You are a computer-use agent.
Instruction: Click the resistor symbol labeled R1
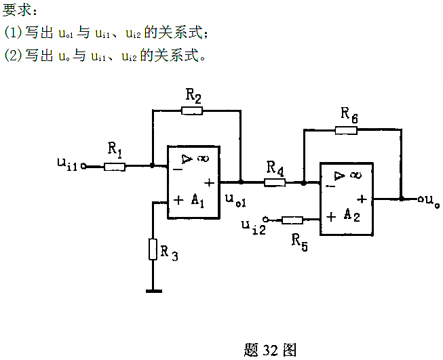[x=115, y=165]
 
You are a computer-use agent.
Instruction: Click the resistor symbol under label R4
[x=275, y=182]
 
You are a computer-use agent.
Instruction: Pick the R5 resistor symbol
[x=292, y=219]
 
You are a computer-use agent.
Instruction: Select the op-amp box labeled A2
[x=346, y=199]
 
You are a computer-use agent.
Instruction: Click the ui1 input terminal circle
[x=83, y=165]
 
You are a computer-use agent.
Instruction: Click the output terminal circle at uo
[x=420, y=199]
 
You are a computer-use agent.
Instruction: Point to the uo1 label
[x=234, y=201]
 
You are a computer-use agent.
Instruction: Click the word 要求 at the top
[x=18, y=10]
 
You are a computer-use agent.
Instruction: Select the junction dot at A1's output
[x=240, y=182]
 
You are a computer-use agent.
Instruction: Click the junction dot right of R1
[x=153, y=165]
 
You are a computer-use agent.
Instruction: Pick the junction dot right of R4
[x=304, y=182]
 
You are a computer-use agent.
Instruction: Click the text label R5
[x=299, y=241]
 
